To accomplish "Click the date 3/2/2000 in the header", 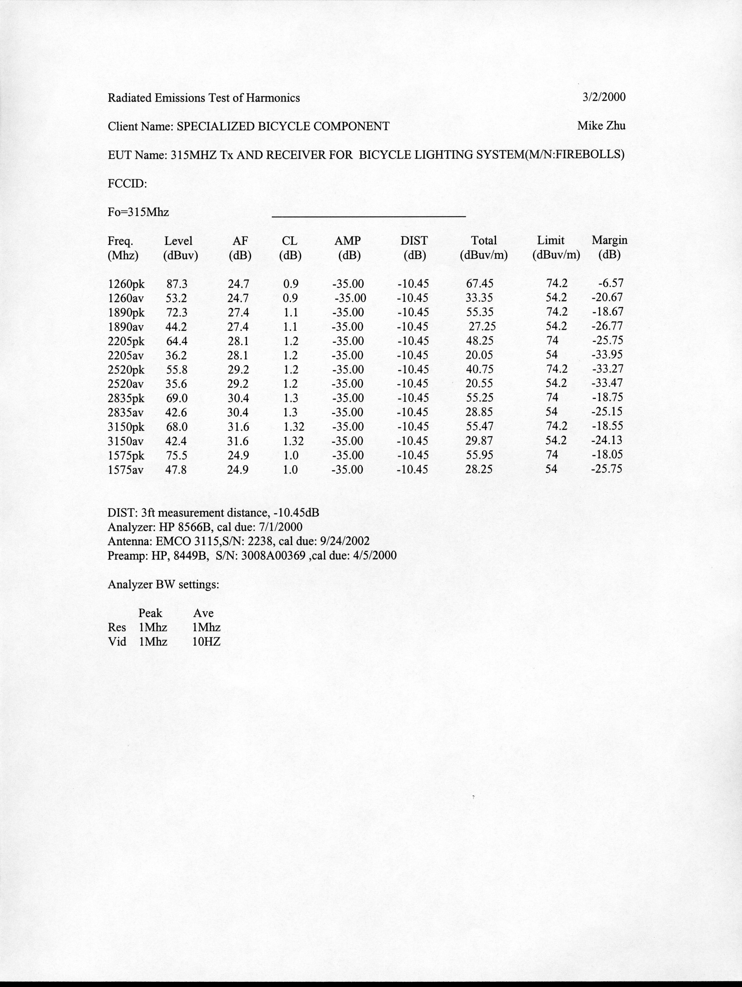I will [604, 97].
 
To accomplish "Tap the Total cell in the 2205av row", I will [479, 355].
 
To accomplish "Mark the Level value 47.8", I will [176, 469].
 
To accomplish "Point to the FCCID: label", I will [127, 183].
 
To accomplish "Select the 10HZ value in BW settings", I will [206, 642].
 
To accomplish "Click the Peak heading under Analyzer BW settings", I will [150, 613].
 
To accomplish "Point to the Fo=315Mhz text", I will [138, 212].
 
